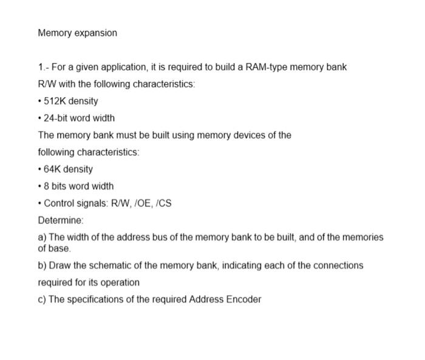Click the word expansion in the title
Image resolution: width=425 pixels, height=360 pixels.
tap(95, 33)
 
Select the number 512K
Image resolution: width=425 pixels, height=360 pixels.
tap(55, 101)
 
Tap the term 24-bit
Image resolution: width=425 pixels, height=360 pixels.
tap(56, 118)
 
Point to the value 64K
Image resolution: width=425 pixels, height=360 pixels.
tap(52, 169)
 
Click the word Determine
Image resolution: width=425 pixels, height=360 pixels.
tap(60, 220)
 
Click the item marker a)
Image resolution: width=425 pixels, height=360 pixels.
tap(42, 237)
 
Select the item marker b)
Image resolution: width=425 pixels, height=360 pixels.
tap(42, 265)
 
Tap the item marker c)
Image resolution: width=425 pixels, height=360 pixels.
tap(42, 299)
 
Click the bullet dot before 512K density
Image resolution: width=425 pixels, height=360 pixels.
tap(39, 101)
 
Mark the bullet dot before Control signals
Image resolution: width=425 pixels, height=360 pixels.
tap(39, 203)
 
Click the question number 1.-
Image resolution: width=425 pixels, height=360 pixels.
tap(43, 67)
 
